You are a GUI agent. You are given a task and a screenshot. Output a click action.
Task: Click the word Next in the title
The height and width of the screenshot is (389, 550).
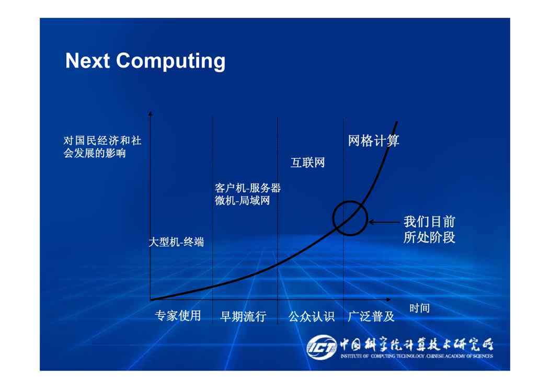88,61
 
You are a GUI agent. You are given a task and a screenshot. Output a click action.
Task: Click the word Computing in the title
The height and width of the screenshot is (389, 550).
171,62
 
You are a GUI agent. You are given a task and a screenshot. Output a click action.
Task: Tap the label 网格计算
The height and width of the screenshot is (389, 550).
374,141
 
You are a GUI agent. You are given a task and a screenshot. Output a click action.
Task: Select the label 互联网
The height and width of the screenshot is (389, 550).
307,163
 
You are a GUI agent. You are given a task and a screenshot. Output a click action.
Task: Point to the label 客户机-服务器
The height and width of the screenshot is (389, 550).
248,188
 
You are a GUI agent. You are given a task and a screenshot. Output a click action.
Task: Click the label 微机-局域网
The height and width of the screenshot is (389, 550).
243,201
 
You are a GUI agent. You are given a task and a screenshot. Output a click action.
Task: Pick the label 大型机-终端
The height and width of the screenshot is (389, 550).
176,242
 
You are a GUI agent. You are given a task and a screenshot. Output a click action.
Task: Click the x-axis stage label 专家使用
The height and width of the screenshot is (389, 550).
178,316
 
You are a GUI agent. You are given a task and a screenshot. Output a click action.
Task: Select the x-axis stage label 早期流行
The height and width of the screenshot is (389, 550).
243,316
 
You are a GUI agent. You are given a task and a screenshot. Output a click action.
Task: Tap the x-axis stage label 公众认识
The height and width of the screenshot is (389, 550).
311,316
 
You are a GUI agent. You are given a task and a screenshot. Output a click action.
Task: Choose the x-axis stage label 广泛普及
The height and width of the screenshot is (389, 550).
371,316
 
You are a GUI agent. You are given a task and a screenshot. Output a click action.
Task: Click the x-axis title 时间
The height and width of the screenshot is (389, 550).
419,308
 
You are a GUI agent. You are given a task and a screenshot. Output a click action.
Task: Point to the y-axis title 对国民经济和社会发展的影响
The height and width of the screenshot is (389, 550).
102,147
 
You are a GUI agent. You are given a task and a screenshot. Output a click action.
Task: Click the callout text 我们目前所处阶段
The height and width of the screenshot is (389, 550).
429,230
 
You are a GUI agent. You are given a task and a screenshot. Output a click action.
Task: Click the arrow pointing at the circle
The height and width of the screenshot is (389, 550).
384,222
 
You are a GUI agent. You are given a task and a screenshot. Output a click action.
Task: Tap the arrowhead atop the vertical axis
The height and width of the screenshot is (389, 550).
151,113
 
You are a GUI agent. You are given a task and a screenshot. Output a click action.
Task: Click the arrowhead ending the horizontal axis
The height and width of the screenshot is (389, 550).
388,300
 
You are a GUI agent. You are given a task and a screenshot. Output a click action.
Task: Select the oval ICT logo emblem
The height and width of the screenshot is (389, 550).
322,347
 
